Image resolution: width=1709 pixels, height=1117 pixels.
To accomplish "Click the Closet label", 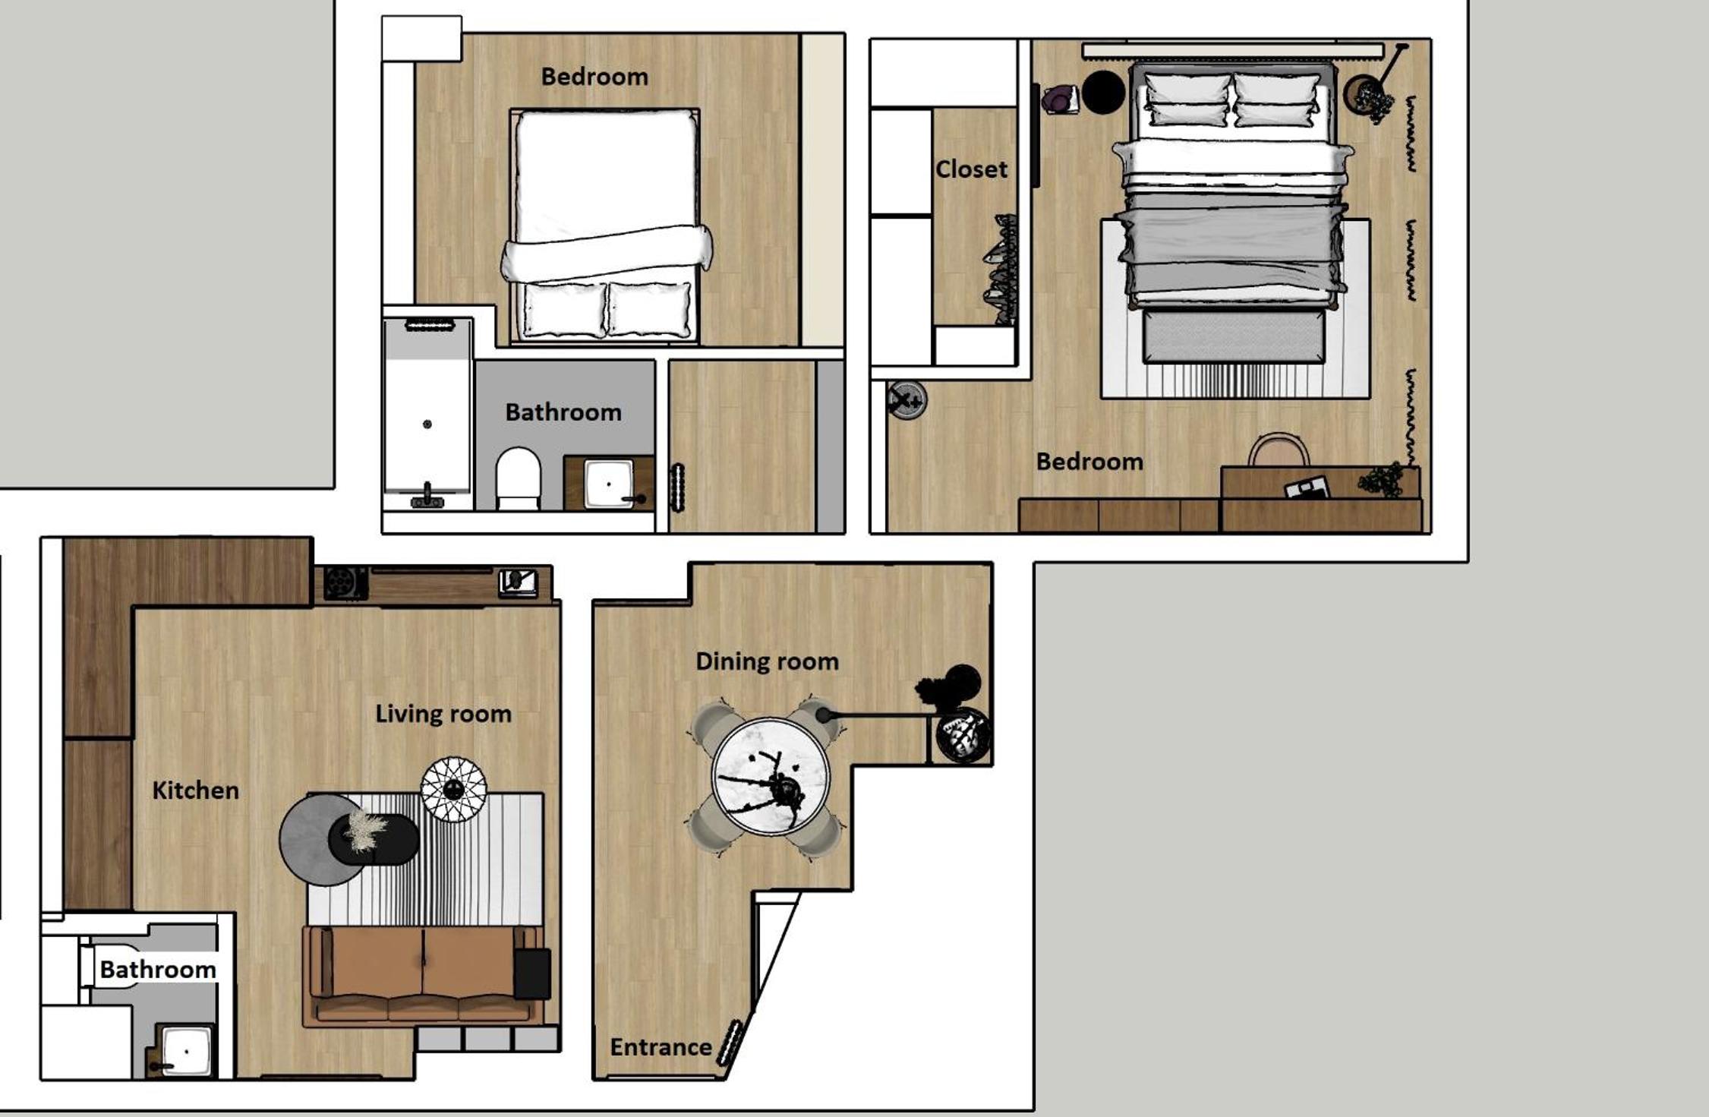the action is tap(971, 169).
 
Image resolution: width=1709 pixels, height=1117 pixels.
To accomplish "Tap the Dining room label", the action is tap(767, 662).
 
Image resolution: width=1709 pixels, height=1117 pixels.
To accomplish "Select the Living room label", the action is tap(443, 715).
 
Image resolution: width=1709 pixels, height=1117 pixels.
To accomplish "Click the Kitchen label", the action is tap(195, 790).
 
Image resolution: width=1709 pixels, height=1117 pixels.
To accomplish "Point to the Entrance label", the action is tap(661, 1047).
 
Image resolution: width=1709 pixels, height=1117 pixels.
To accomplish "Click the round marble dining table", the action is tap(771, 777).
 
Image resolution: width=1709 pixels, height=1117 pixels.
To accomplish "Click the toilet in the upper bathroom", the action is tap(519, 478).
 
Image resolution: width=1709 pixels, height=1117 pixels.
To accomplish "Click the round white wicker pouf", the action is tap(454, 789).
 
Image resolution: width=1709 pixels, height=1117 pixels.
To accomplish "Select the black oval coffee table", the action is tap(374, 839).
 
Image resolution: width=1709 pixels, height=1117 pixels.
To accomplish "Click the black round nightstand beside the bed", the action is tap(1103, 93).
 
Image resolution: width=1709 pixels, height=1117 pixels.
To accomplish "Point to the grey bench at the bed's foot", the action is tap(1234, 336).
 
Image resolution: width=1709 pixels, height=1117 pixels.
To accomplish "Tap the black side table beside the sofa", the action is tap(532, 973).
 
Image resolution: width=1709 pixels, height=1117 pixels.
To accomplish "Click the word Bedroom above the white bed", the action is tap(594, 77).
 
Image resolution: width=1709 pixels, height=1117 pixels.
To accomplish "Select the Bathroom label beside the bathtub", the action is tap(563, 412).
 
